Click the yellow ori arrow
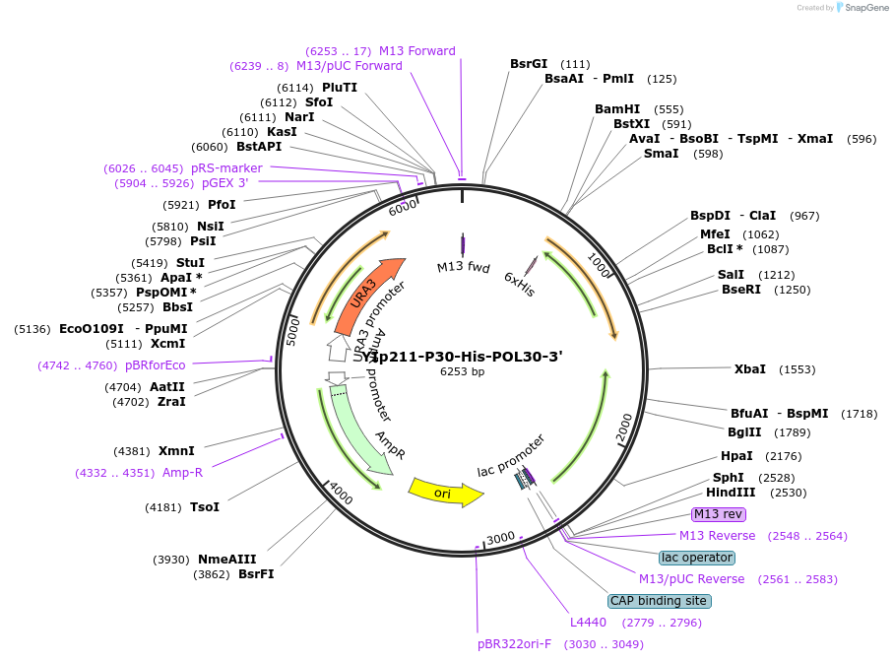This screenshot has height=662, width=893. coord(444,491)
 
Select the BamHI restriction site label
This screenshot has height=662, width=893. coord(617,109)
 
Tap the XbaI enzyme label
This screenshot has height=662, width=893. coord(749,369)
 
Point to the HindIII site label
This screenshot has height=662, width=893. coord(731,493)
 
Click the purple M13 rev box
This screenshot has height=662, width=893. coord(719,514)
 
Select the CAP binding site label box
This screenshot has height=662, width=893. coord(659,601)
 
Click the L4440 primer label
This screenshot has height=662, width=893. coord(589,623)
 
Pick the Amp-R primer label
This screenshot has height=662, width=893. coord(182,473)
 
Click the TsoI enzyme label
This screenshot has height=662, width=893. coord(204,507)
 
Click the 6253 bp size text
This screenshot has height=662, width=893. coord(462,372)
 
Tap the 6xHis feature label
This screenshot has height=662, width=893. coord(519,283)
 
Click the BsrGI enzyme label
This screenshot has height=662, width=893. coord(529,64)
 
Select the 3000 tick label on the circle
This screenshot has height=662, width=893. coord(500,538)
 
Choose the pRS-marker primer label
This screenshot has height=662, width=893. coord(226,168)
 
